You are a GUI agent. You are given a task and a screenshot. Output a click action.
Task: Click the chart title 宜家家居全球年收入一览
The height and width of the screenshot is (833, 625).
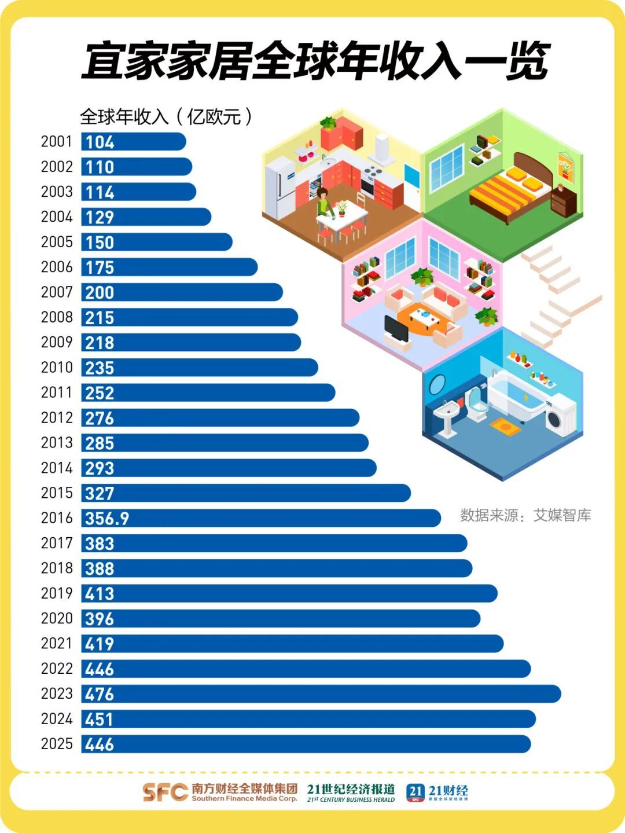point(315,61)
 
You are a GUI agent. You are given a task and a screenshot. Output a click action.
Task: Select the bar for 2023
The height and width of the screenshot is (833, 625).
point(321,693)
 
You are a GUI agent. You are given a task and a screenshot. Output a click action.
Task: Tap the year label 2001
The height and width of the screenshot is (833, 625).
point(56,142)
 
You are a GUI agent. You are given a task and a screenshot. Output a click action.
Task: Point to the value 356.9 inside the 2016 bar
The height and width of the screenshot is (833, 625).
point(107,518)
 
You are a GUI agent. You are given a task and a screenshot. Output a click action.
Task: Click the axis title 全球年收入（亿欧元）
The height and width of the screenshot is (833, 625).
point(166,117)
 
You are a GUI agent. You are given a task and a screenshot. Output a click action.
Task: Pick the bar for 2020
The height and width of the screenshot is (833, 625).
point(281,618)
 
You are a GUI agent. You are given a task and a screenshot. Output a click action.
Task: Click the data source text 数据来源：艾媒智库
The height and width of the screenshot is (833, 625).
point(525,515)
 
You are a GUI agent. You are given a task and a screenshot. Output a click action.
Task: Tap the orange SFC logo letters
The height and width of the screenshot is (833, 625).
point(166,792)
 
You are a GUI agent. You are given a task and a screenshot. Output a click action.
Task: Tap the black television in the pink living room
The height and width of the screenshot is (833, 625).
point(397,330)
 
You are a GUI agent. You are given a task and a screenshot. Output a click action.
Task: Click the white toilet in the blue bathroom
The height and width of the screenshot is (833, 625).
point(476,403)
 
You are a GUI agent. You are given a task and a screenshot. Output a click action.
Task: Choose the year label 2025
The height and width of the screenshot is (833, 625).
point(56,744)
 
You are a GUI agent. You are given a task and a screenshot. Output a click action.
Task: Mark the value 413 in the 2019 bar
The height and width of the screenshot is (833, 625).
point(100,593)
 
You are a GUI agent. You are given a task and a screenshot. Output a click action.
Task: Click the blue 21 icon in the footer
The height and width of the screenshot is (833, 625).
point(415,792)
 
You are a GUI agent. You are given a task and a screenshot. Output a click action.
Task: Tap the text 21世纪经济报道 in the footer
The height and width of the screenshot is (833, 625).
point(351,789)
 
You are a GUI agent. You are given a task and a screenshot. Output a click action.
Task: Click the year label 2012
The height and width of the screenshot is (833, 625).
point(56,418)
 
